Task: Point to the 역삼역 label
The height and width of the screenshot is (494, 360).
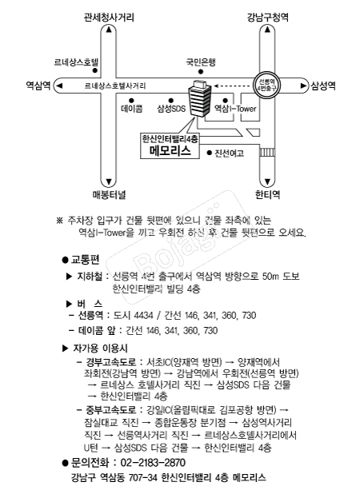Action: pos(38,84)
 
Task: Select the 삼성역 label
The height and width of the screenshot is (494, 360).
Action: pos(323,84)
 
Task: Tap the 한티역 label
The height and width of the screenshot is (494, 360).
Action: pos(267,194)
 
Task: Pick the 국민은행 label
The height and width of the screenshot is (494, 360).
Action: pos(202,62)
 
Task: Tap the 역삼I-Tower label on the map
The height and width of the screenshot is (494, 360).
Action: pos(236,107)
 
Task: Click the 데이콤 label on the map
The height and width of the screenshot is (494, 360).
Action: pos(131,107)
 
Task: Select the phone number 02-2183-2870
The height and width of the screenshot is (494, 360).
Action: pos(153,463)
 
